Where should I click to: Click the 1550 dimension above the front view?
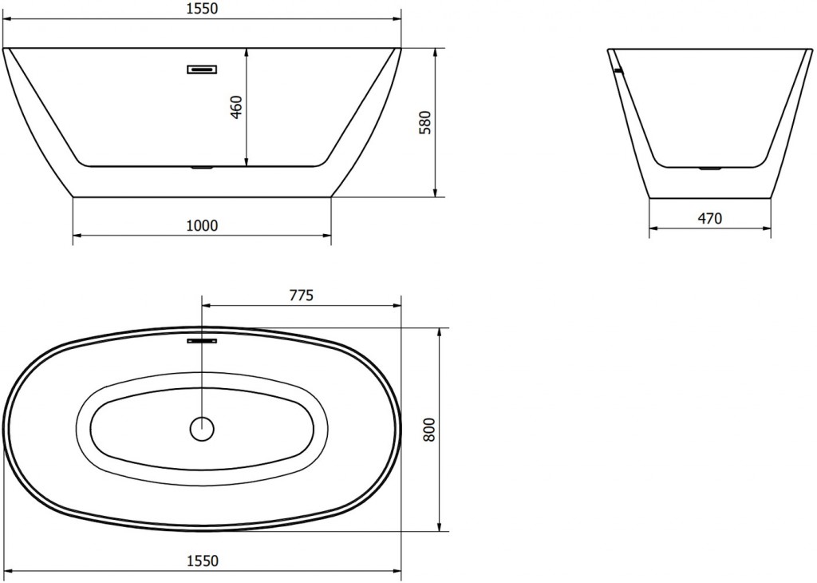click(202, 9)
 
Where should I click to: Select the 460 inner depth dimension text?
click(236, 107)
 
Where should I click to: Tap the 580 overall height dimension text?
click(425, 121)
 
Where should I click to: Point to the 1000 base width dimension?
click(202, 226)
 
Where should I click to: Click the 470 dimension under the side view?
click(709, 219)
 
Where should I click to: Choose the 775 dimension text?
click(301, 295)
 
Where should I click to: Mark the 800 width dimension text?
click(428, 430)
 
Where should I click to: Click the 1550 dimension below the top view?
click(202, 561)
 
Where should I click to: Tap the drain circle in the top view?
click(203, 429)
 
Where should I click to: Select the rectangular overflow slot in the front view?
click(202, 69)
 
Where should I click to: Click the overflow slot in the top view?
click(202, 341)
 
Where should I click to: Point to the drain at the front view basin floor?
click(202, 168)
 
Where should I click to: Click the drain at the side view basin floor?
click(709, 169)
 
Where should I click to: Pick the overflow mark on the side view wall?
click(616, 70)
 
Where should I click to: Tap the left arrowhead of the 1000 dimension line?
click(77, 236)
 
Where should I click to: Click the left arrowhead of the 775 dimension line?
click(206, 305)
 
